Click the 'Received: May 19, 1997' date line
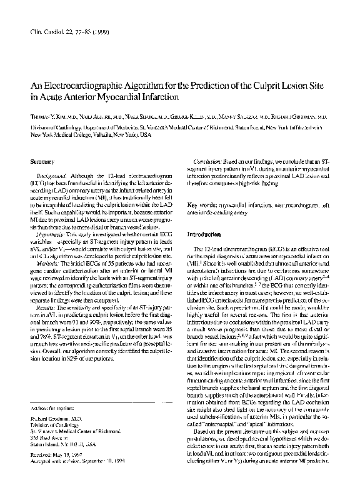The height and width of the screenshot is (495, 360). click(x=60, y=470)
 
